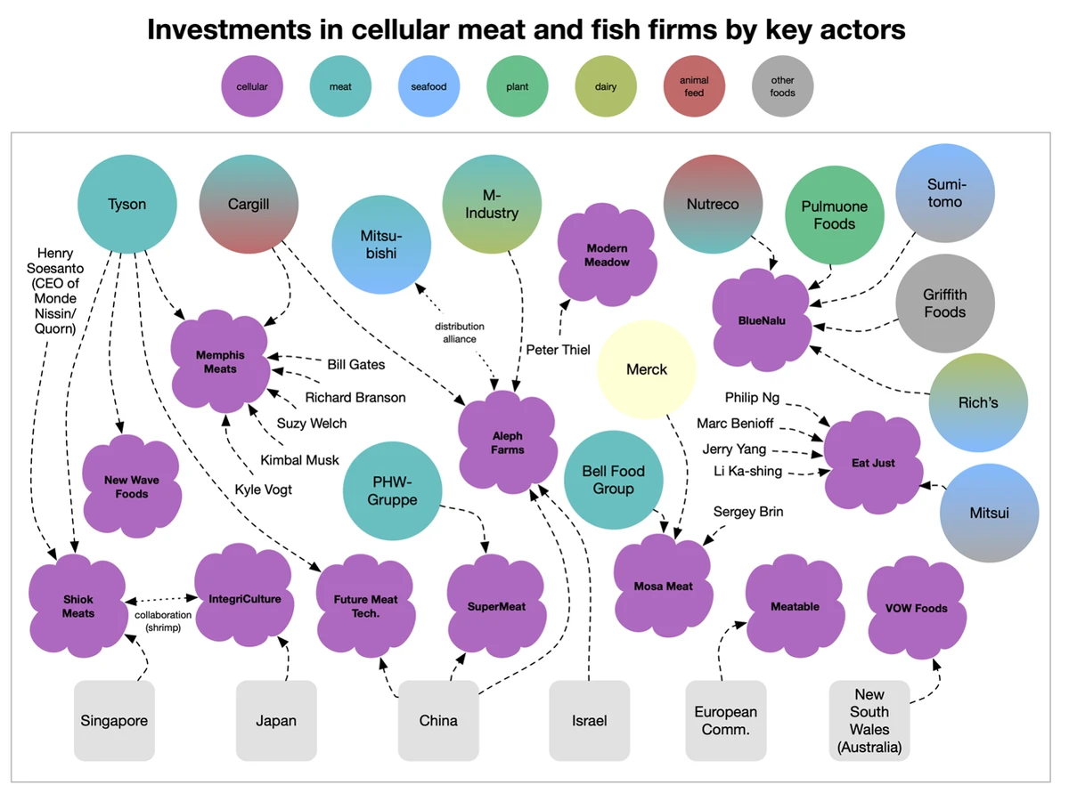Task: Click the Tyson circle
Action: click(127, 205)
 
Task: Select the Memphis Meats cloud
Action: click(220, 362)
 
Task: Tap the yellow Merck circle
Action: click(646, 369)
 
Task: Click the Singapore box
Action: click(114, 721)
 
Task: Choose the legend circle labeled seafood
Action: click(428, 86)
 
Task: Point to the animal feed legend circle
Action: click(694, 86)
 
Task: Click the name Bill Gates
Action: click(356, 364)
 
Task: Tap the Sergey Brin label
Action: click(748, 512)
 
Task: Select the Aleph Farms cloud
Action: click(507, 442)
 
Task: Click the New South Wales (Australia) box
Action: click(869, 721)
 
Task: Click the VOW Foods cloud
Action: click(916, 608)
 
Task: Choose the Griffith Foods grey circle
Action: click(944, 303)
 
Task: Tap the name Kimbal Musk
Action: click(300, 460)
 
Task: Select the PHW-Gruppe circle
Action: click(393, 490)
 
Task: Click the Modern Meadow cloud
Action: click(607, 255)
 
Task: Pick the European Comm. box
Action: click(726, 721)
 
